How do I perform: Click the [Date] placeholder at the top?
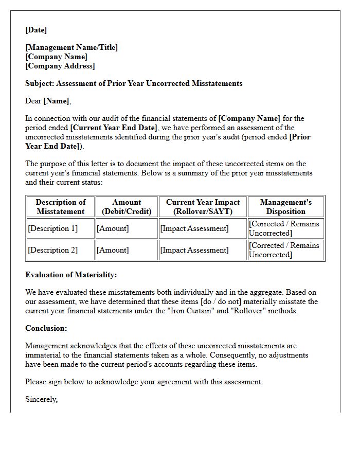coord(36,30)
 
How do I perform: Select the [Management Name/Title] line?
coord(71,47)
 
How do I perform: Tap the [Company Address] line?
coord(60,66)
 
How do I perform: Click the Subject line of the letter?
coord(134,83)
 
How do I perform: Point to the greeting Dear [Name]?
coord(48,101)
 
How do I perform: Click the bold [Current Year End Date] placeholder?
coord(114,128)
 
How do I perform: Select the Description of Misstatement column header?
coord(61,207)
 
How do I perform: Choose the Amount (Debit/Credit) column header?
coord(127,207)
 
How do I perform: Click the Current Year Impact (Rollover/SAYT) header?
coord(203,207)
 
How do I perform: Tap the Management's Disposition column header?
coord(286,207)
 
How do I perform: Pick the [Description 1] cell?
coord(53,228)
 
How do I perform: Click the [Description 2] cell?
coord(53,250)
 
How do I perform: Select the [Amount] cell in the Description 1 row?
coord(113,228)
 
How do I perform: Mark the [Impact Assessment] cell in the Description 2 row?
coord(194,250)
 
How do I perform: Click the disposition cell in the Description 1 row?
coord(284,228)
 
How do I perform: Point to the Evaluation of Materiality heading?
coord(71,275)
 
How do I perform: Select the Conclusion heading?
coord(46,328)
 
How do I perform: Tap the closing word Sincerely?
coord(41,399)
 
